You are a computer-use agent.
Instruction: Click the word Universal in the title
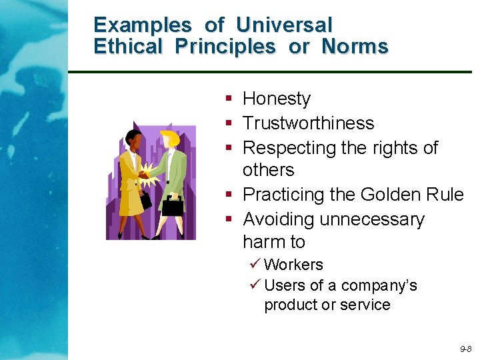pyautogui.click(x=284, y=25)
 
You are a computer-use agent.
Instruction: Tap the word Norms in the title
pyautogui.click(x=355, y=47)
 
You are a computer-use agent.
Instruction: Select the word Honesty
pyautogui.click(x=277, y=99)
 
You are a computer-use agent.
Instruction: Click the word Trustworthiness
pyautogui.click(x=309, y=123)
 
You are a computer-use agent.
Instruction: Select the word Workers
pyautogui.click(x=293, y=265)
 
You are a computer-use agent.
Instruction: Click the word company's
pyautogui.click(x=379, y=285)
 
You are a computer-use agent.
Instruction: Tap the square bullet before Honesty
pyautogui.click(x=229, y=99)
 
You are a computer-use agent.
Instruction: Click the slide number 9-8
pyautogui.click(x=465, y=349)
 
